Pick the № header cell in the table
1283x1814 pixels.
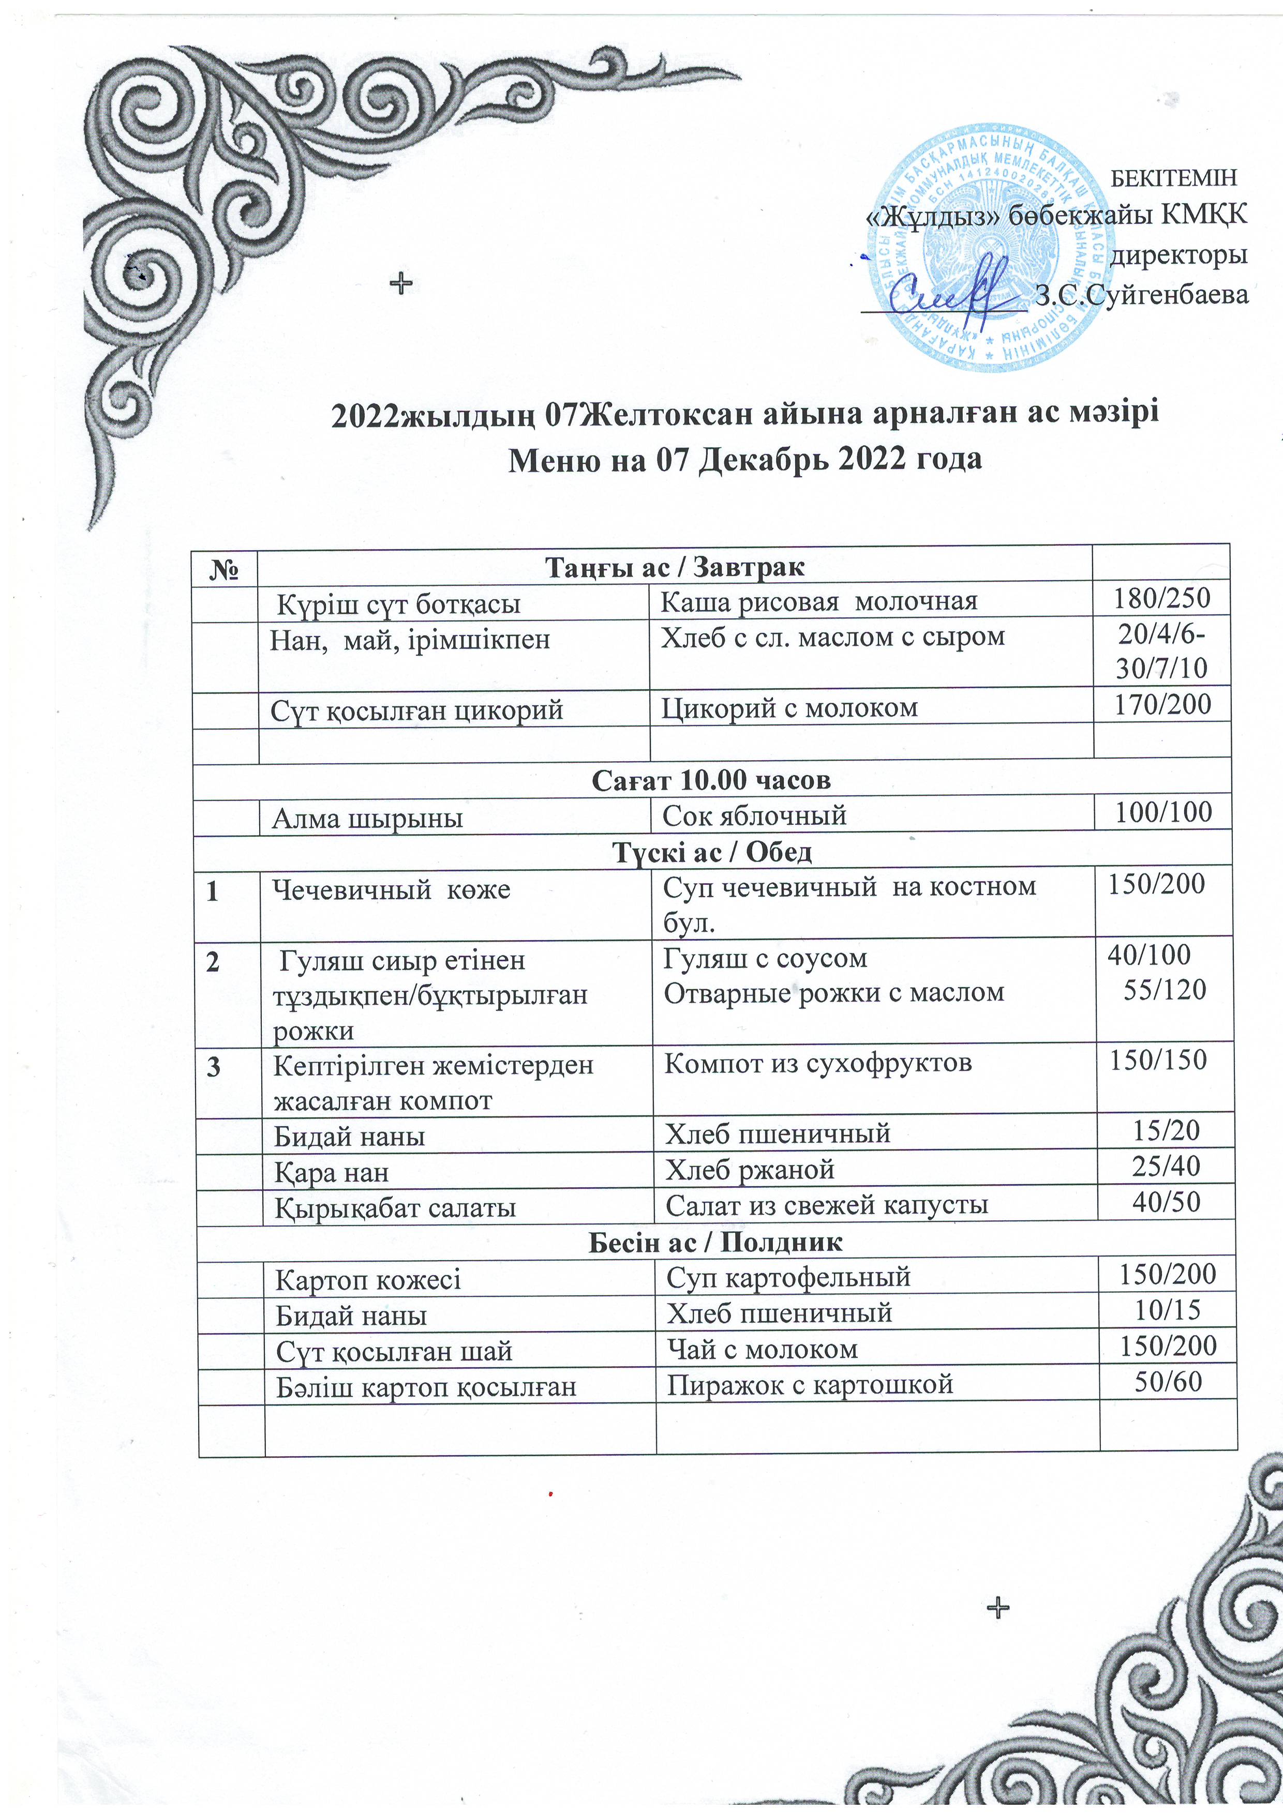tap(225, 567)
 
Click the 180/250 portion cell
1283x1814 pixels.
tap(1162, 598)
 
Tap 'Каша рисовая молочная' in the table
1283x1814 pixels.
tap(819, 601)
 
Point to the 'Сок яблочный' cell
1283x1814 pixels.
tap(754, 814)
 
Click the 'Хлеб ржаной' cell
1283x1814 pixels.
tap(750, 1169)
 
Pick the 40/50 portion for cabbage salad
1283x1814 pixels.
tap(1166, 1202)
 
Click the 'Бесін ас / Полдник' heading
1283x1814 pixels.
tap(715, 1242)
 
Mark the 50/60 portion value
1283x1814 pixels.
tap(1168, 1381)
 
